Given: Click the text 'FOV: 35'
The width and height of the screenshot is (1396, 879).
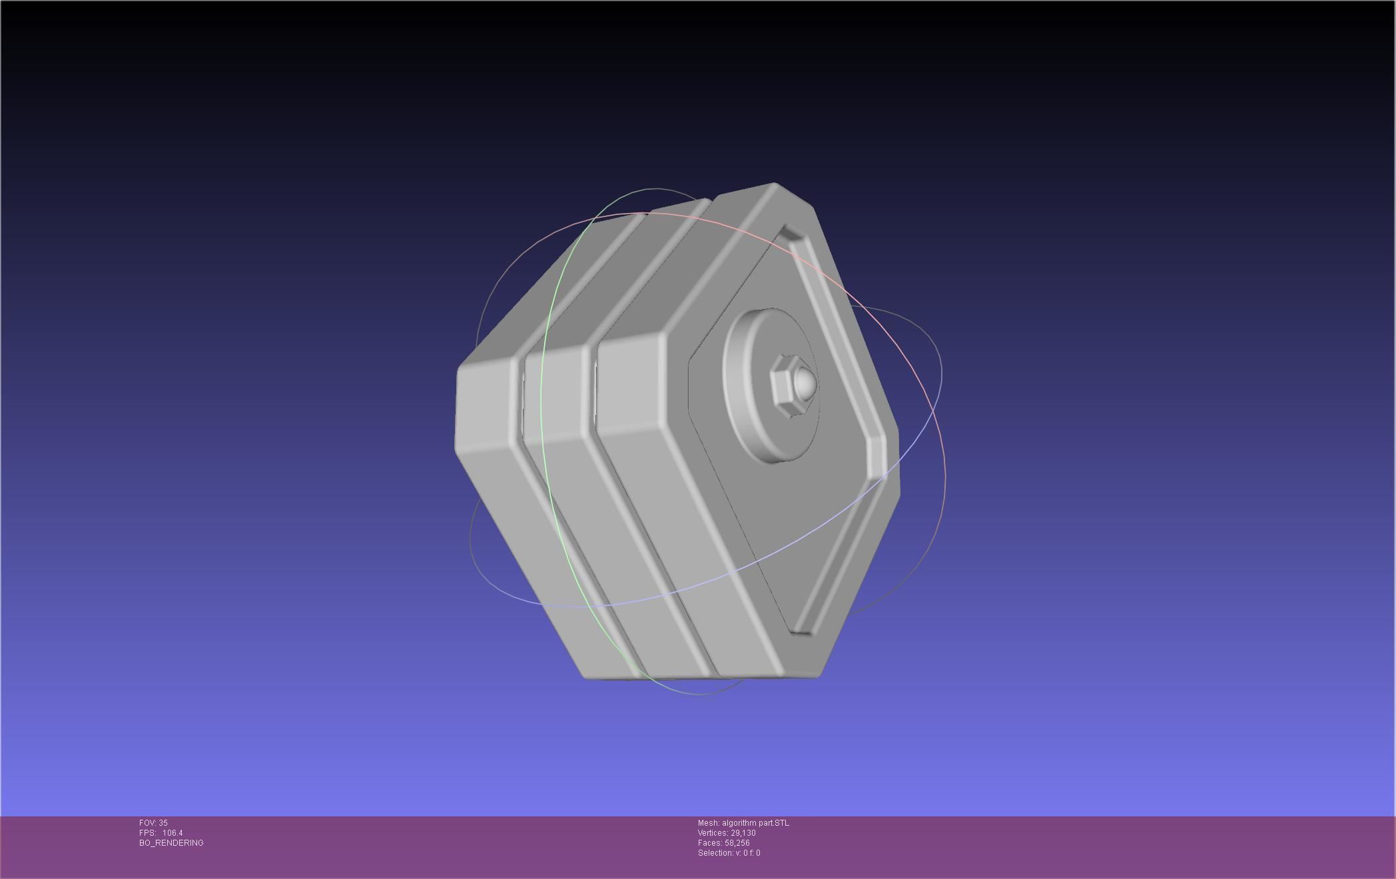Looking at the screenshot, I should [x=153, y=823].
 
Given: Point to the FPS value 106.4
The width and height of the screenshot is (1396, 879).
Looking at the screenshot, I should [x=173, y=833].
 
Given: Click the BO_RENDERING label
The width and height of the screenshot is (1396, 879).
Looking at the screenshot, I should [x=171, y=843].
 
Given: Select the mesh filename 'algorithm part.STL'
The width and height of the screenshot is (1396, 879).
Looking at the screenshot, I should [x=755, y=823].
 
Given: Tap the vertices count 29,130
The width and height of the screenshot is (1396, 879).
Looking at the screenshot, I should [x=743, y=833].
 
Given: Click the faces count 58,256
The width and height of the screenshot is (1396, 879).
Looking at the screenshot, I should [x=737, y=843].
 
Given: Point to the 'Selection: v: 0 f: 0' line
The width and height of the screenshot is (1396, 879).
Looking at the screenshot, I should [x=729, y=853].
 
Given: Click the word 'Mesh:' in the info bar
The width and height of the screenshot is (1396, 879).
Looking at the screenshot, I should [x=709, y=823].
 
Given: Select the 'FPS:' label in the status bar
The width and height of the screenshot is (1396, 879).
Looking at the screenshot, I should [x=147, y=833].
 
